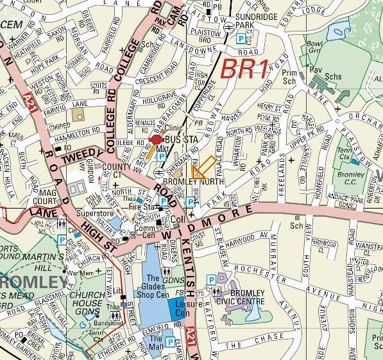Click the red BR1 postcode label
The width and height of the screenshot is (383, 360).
pyautogui.click(x=244, y=69)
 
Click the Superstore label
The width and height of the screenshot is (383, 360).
pyautogui.click(x=94, y=213)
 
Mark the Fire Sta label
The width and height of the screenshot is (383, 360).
pyautogui.click(x=142, y=207)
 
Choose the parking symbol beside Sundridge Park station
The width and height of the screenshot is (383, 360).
pyautogui.click(x=241, y=39)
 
